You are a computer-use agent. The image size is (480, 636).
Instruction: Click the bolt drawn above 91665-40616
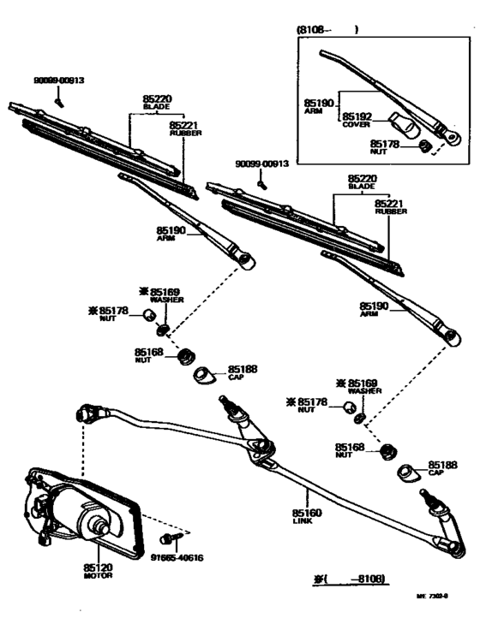[167, 539]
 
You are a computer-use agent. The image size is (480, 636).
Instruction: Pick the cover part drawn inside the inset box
[405, 125]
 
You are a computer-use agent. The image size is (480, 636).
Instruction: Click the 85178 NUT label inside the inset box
[385, 149]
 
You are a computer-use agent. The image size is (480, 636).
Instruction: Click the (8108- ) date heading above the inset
[327, 30]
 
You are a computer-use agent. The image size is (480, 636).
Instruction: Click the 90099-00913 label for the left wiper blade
[59, 80]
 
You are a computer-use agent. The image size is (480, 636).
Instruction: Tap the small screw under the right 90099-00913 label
[264, 181]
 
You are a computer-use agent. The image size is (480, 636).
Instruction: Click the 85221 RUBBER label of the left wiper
[185, 128]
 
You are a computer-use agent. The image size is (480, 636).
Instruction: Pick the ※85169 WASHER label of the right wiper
[358, 386]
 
